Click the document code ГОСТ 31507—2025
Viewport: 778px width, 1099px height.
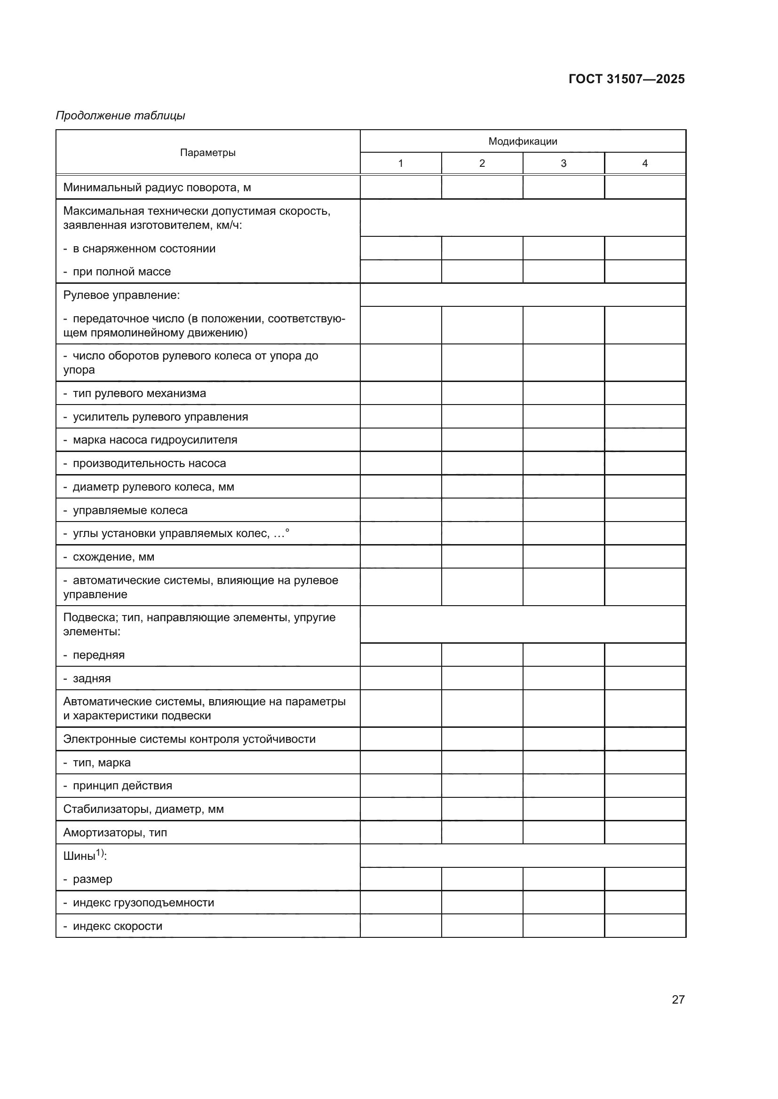click(x=626, y=79)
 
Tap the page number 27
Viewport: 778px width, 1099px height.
click(x=678, y=999)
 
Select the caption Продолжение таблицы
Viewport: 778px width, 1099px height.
click(x=120, y=116)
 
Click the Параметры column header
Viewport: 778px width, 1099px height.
click(x=207, y=153)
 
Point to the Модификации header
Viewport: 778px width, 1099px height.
click(x=522, y=141)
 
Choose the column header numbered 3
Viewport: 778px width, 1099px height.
click(x=564, y=164)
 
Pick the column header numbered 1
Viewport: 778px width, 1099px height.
click(x=400, y=164)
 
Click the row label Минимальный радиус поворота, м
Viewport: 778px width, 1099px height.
click(x=157, y=187)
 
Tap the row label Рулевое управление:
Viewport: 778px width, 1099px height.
click(x=122, y=296)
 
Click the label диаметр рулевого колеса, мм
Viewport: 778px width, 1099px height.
click(x=153, y=487)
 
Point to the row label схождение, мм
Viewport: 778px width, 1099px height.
click(x=113, y=557)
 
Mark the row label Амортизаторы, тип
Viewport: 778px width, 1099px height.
click(x=115, y=833)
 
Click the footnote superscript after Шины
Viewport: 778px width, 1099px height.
click(x=100, y=852)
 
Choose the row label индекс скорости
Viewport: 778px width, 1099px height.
click(x=118, y=926)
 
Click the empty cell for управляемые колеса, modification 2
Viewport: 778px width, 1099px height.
click(x=482, y=510)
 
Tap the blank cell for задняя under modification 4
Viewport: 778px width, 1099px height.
click(x=645, y=678)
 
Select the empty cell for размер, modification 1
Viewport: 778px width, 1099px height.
click(x=400, y=879)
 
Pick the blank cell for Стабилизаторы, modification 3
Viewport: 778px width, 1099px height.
click(x=564, y=809)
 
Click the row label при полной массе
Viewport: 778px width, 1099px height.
click(x=122, y=272)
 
